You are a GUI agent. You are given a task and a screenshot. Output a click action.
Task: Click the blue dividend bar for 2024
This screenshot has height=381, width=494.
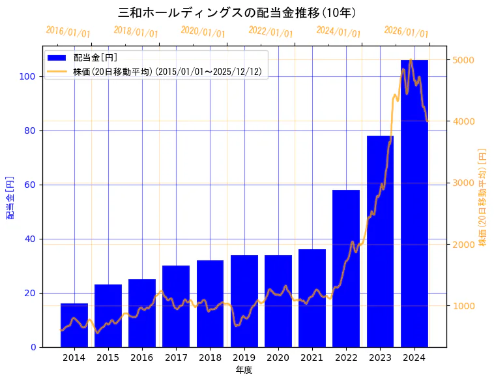click(x=414, y=203)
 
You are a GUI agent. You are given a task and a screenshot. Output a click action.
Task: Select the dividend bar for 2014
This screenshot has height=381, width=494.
click(x=74, y=325)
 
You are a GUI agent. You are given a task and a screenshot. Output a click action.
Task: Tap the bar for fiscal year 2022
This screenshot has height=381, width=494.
click(x=346, y=268)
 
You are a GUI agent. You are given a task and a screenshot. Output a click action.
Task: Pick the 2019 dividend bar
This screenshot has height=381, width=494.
click(x=244, y=301)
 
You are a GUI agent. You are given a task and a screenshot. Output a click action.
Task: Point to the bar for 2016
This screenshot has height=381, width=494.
click(x=142, y=312)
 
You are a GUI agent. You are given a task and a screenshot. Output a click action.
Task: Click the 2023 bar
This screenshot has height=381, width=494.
click(x=380, y=241)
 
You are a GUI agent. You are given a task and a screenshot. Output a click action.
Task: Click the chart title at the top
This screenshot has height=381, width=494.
click(x=237, y=12)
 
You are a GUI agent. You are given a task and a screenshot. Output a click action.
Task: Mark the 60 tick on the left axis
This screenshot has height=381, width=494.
click(x=33, y=185)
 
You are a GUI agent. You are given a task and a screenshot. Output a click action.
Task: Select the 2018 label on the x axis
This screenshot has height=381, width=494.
click(x=210, y=357)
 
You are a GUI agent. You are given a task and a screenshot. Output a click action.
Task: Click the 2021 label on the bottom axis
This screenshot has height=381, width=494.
click(x=312, y=357)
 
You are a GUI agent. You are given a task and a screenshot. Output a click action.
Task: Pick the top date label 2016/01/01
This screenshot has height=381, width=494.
click(x=68, y=32)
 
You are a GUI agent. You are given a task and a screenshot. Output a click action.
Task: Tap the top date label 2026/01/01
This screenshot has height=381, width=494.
click(x=406, y=32)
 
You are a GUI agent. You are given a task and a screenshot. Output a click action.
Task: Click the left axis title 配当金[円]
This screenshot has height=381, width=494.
click(x=10, y=197)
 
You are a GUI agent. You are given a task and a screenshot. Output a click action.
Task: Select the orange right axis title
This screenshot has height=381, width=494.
click(x=482, y=196)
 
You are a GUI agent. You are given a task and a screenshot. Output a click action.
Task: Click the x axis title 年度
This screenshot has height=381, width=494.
click(x=244, y=370)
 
